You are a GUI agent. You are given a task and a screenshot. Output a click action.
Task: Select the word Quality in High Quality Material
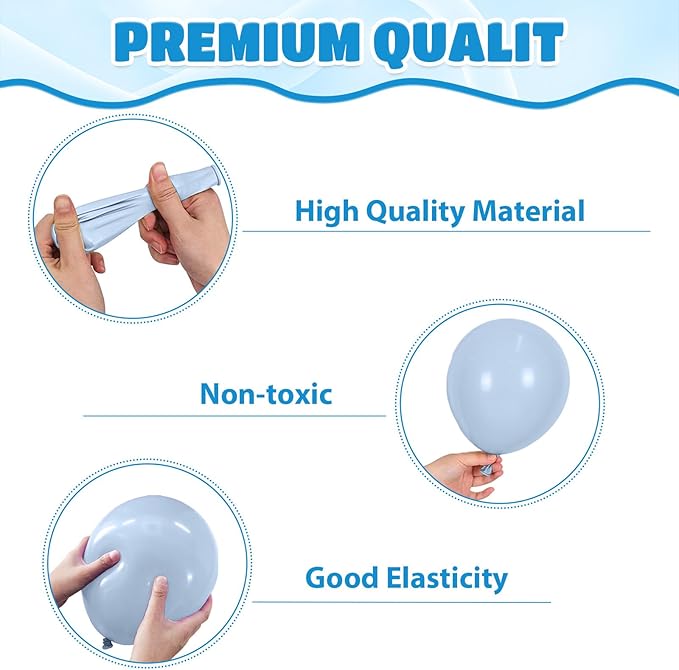point(415,212)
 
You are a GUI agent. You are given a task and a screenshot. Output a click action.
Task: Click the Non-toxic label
point(266,394)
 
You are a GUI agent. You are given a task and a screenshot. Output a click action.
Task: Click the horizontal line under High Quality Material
point(446,231)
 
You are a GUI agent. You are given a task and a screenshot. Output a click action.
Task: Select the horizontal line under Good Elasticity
point(401,602)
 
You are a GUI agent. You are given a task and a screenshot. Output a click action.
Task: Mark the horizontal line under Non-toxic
point(234,416)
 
